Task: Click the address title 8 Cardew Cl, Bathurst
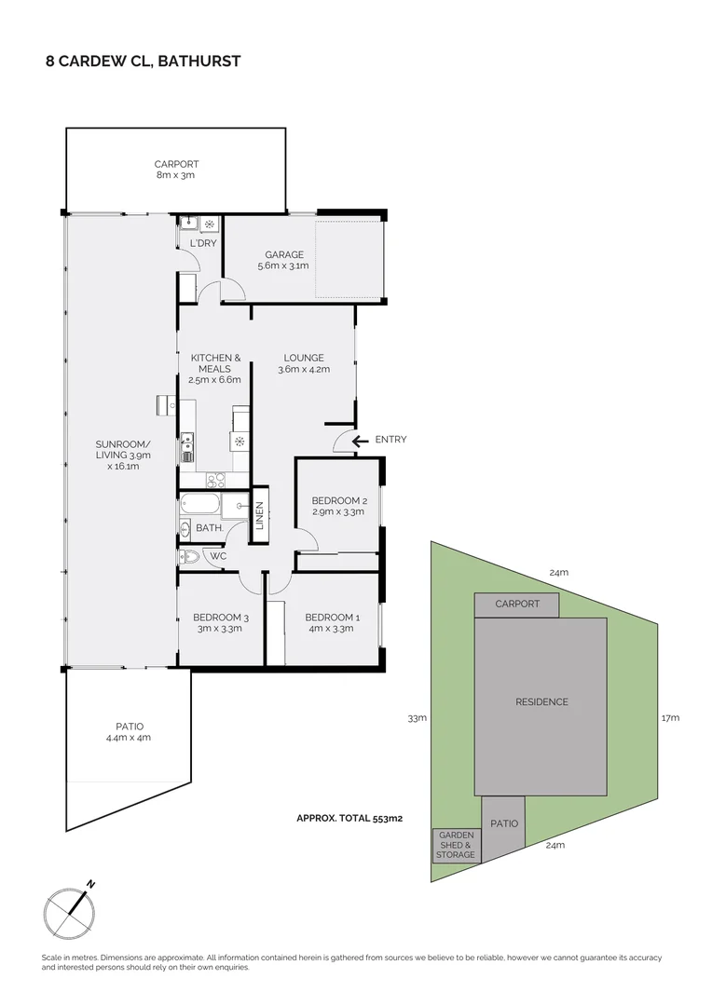coord(144,61)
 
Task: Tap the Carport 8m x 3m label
coord(175,170)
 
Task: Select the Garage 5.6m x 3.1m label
coord(283,260)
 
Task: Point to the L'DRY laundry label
coord(203,244)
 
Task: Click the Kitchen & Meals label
coord(216,368)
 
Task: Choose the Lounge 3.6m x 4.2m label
coord(304,363)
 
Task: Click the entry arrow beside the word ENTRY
coord(360,440)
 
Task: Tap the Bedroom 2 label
coord(338,506)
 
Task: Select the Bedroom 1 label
coord(332,622)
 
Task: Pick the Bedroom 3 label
coord(221,622)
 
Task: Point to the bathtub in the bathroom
coord(200,506)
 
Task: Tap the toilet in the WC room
coord(189,558)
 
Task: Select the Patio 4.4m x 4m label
coord(129,731)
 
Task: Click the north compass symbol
coord(71,909)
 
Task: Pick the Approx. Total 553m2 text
coord(349,819)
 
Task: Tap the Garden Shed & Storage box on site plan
coord(456,845)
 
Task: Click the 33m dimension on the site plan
coord(417,718)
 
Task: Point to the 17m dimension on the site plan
coord(670,718)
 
